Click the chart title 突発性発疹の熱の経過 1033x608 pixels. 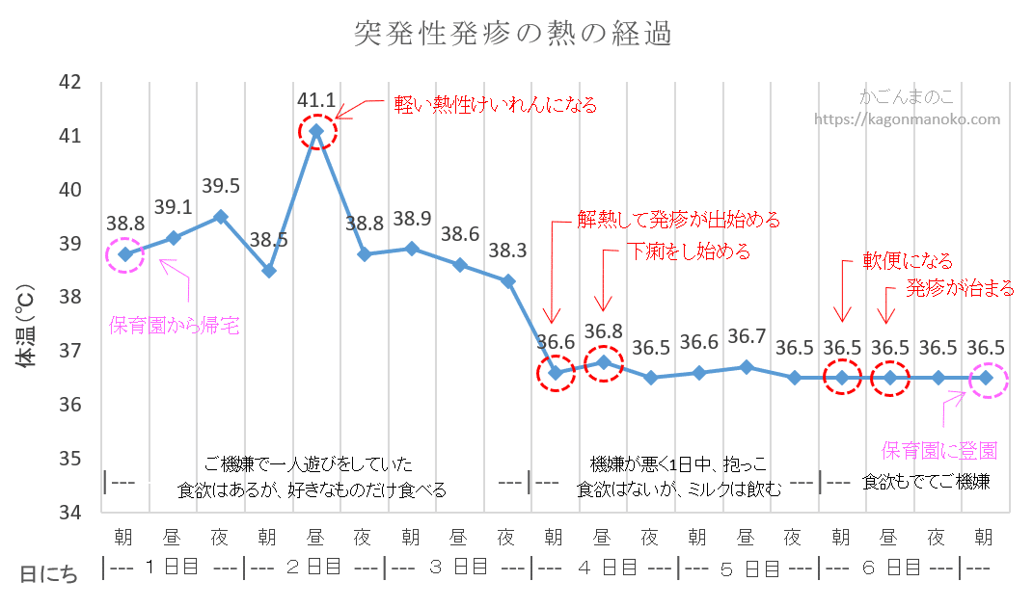coord(512,35)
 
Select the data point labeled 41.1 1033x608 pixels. coord(316,130)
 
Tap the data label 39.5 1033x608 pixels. coord(221,186)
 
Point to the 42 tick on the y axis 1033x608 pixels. coord(68,83)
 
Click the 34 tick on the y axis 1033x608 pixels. coord(68,512)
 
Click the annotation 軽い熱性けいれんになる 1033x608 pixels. coord(495,105)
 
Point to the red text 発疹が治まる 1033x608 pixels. coord(960,287)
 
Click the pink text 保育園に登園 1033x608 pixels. coord(939,450)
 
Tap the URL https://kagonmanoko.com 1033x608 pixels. coord(907,119)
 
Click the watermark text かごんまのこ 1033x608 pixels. coord(907,98)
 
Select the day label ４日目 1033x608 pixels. coord(603,568)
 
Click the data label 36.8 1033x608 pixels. coord(603,331)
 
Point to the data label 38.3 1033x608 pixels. coord(507,251)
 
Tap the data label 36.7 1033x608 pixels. coord(746,336)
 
